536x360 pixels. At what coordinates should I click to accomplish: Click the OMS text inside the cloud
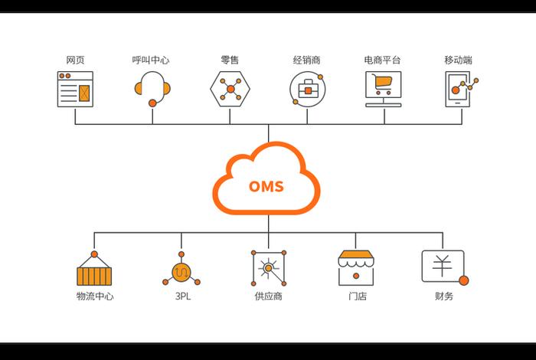pyautogui.click(x=266, y=186)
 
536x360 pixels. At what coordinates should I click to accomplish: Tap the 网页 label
pyautogui.click(x=75, y=60)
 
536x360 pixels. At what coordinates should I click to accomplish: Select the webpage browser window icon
pyautogui.click(x=75, y=89)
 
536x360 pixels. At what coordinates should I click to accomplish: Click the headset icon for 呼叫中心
pyautogui.click(x=152, y=88)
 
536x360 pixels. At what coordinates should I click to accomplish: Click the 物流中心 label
pyautogui.click(x=95, y=296)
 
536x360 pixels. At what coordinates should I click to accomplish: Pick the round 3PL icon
pyautogui.click(x=182, y=270)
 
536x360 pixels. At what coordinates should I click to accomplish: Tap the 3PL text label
pyautogui.click(x=182, y=296)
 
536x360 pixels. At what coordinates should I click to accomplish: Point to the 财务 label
pyautogui.click(x=443, y=296)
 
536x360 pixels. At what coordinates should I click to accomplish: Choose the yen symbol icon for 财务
pyautogui.click(x=443, y=267)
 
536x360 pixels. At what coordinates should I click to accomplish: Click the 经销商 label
pyautogui.click(x=306, y=60)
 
